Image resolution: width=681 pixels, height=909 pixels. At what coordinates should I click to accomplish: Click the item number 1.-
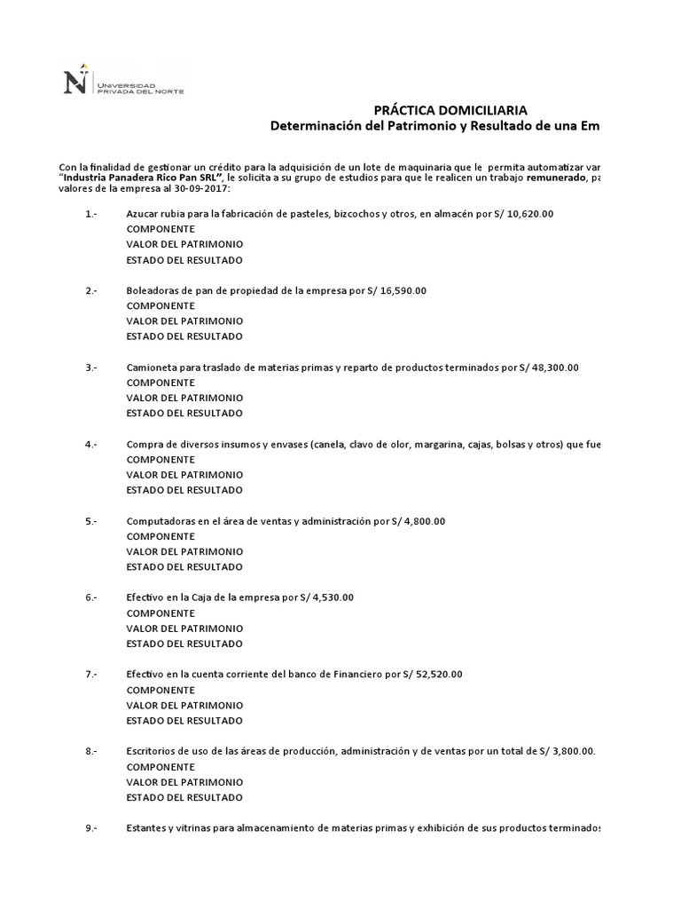coord(91,214)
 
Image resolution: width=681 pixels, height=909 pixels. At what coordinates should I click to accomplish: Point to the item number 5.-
coord(91,521)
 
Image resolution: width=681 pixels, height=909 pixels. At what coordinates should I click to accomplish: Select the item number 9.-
coord(91,828)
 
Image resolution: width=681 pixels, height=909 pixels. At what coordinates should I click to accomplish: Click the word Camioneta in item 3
coord(152,368)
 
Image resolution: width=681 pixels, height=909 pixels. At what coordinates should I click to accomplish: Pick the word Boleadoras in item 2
coord(153,290)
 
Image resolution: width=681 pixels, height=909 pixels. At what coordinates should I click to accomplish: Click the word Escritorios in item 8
coord(151,751)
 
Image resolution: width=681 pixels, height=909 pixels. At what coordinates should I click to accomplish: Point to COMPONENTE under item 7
coord(160,690)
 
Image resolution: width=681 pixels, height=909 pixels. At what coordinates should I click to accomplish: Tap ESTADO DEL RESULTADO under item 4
coord(184,490)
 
